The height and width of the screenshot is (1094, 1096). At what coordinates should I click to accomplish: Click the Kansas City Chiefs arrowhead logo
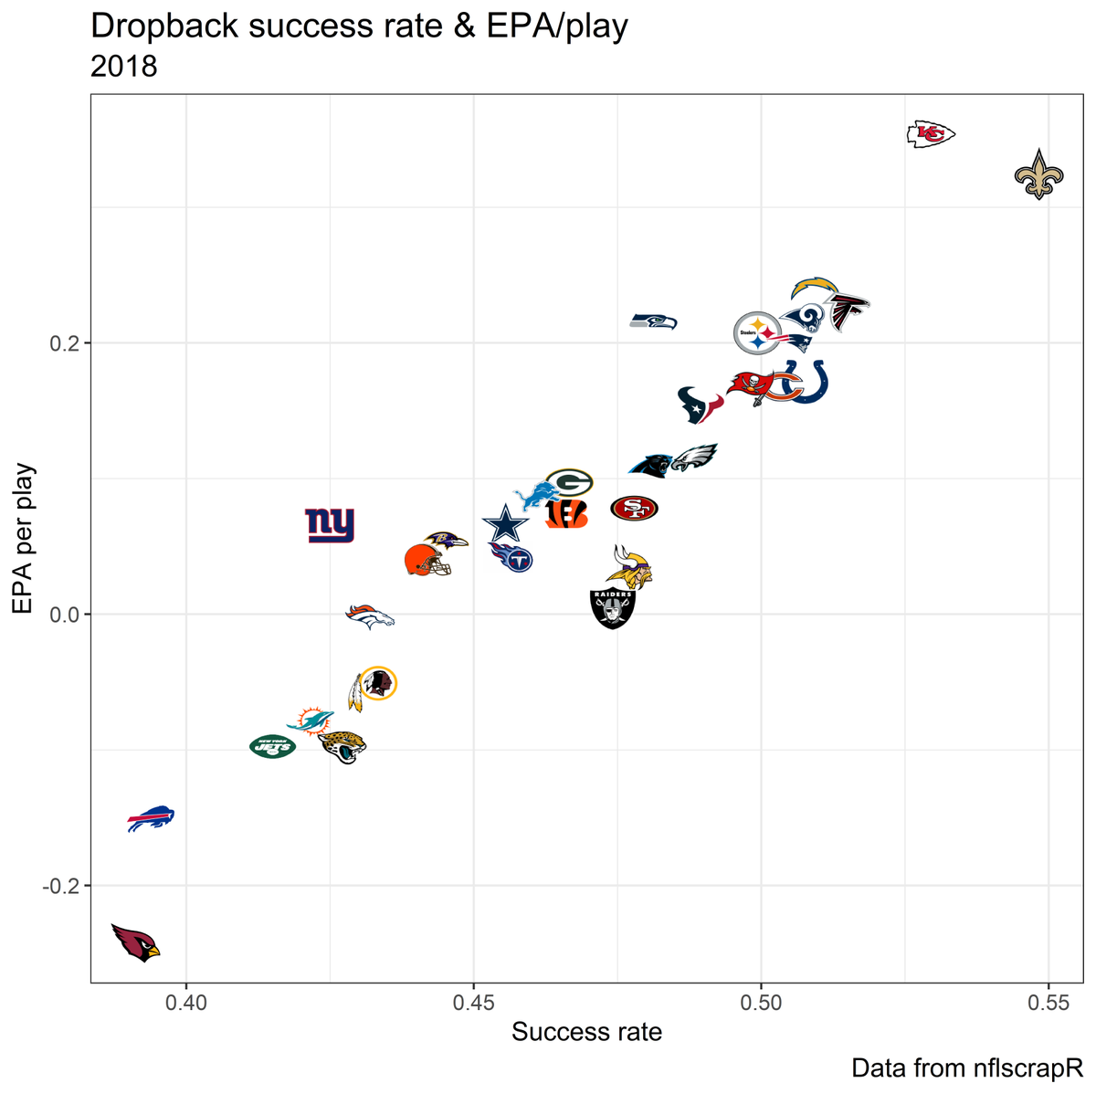pos(931,135)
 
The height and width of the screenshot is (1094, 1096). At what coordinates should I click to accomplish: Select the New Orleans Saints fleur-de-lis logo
pos(1038,174)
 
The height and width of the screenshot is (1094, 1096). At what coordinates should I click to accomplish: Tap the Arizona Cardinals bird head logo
pos(135,942)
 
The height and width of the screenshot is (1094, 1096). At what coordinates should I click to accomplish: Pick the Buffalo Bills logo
pos(151,818)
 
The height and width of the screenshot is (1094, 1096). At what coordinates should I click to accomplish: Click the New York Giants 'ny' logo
pos(329,525)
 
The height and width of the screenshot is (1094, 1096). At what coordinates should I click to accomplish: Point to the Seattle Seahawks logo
pos(654,321)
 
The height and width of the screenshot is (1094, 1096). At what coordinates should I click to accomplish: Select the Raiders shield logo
pos(613,608)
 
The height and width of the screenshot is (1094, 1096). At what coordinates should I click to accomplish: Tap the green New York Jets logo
pos(273,747)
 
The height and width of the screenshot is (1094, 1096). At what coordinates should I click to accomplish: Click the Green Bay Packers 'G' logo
pos(569,481)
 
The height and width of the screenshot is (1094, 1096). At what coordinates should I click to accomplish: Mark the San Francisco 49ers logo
pos(634,509)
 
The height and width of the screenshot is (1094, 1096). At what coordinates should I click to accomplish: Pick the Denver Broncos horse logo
pos(370,617)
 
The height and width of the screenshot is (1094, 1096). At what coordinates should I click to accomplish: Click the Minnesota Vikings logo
pos(630,568)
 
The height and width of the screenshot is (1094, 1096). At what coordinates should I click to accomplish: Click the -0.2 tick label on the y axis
pos(59,886)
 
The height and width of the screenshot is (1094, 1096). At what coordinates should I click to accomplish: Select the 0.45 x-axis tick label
pos(473,1003)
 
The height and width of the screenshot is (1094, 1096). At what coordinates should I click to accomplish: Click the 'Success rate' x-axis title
pos(586,1033)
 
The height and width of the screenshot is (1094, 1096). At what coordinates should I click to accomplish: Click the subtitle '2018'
pos(124,67)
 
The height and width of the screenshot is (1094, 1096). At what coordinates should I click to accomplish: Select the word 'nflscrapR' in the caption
pos(1027,1068)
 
